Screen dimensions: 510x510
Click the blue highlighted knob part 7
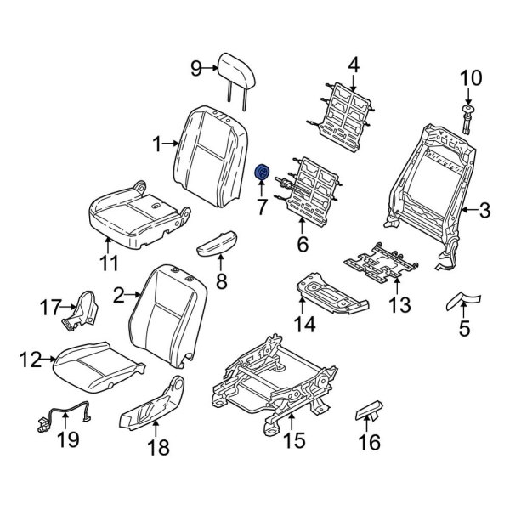point(263,174)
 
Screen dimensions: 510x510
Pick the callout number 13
point(399,303)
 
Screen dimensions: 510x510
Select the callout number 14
point(304,324)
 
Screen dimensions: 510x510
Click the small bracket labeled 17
point(81,310)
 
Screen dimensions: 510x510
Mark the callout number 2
point(120,295)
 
